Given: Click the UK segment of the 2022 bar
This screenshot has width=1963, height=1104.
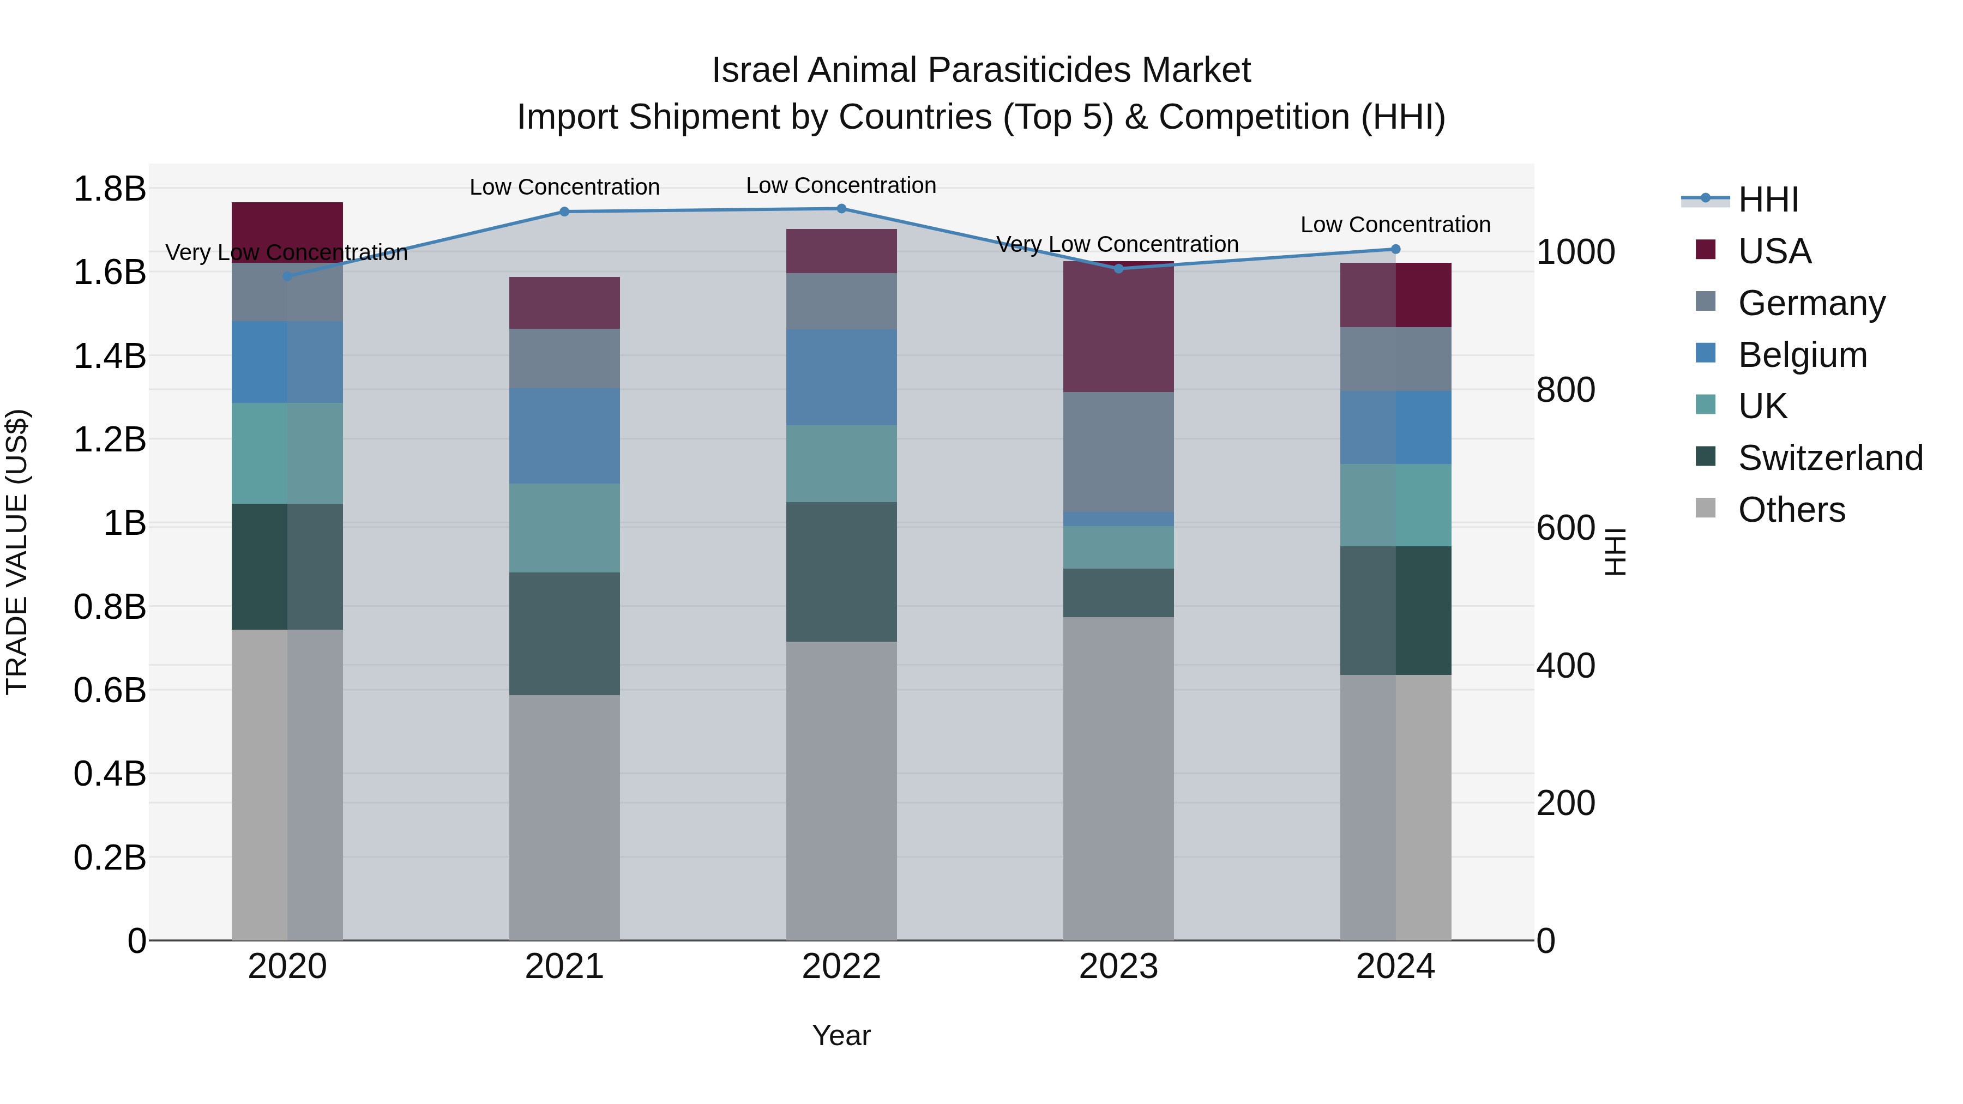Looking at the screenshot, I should (841, 463).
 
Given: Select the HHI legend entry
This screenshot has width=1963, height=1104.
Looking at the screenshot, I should (1768, 200).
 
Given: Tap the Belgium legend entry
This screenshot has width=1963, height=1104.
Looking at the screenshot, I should (1802, 355).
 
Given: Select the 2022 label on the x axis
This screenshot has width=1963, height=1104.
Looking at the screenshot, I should (841, 967).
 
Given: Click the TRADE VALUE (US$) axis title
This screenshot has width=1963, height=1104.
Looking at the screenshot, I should (17, 552).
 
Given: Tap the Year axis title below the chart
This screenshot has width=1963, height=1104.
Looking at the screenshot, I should (841, 1035).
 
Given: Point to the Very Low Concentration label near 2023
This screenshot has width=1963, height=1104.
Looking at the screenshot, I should (1117, 245).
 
